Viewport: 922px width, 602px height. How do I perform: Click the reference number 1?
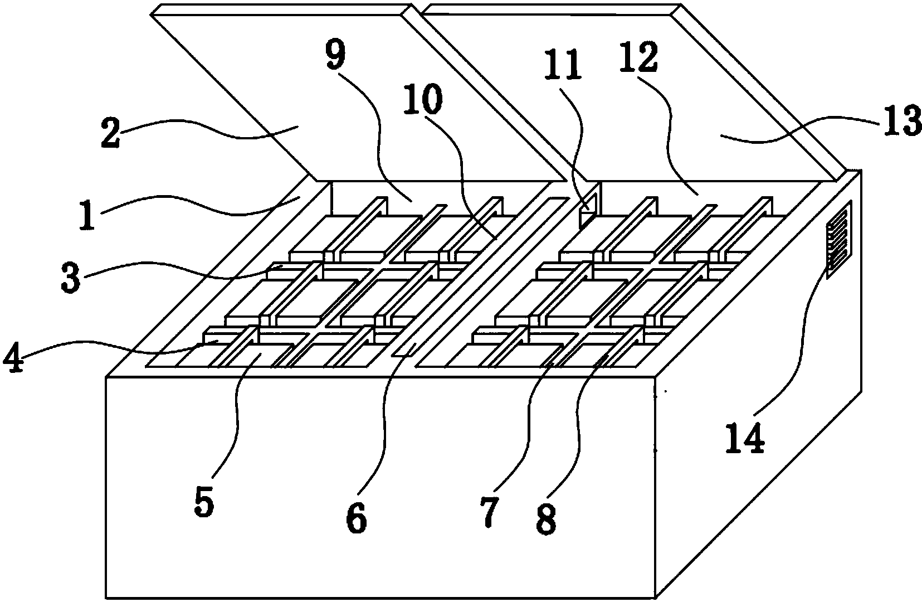tap(85, 216)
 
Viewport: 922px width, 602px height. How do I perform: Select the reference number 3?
tap(71, 279)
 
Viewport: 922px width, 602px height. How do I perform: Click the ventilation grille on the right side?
tap(839, 239)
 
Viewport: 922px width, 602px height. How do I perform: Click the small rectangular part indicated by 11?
tap(587, 210)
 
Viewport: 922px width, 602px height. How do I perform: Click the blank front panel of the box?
tap(379, 479)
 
